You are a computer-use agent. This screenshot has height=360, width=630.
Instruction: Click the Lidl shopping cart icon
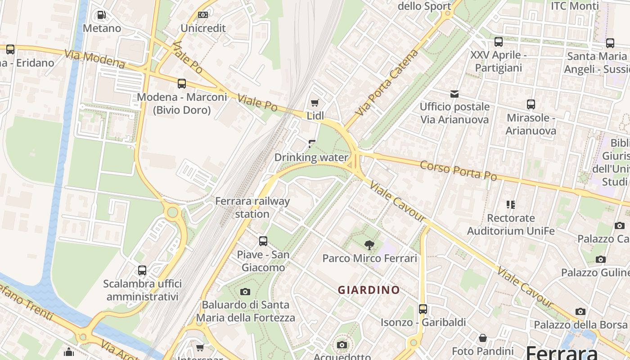[x=315, y=103]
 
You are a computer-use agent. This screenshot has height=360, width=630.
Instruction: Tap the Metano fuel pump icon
[x=102, y=15]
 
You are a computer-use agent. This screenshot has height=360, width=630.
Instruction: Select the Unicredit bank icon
[x=203, y=15]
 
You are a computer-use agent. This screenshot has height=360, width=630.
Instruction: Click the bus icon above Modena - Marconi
[x=182, y=84]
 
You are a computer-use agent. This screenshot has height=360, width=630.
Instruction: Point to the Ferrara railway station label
[x=252, y=207]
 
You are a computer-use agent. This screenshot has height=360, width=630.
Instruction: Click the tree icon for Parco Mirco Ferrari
[x=369, y=245]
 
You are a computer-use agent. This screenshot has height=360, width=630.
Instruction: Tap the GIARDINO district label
[x=369, y=290]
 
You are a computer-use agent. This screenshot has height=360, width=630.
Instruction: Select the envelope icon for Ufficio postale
[x=454, y=94]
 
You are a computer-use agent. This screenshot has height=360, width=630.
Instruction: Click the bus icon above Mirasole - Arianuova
[x=531, y=104]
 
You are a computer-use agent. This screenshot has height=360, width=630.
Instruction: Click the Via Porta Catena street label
[x=387, y=83]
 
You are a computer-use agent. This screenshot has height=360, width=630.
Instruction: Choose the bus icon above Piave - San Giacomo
[x=263, y=241]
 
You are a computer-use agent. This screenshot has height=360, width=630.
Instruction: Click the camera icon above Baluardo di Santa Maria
[x=245, y=292]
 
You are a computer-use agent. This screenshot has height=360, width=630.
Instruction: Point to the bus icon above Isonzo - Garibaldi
[x=423, y=309]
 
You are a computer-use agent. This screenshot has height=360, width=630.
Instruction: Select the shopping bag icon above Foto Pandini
[x=483, y=337]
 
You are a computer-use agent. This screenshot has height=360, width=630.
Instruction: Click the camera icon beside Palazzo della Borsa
[x=580, y=311]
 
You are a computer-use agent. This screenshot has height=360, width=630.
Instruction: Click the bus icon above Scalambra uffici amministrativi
[x=142, y=270]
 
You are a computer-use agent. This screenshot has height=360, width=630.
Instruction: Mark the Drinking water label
[x=311, y=157]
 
